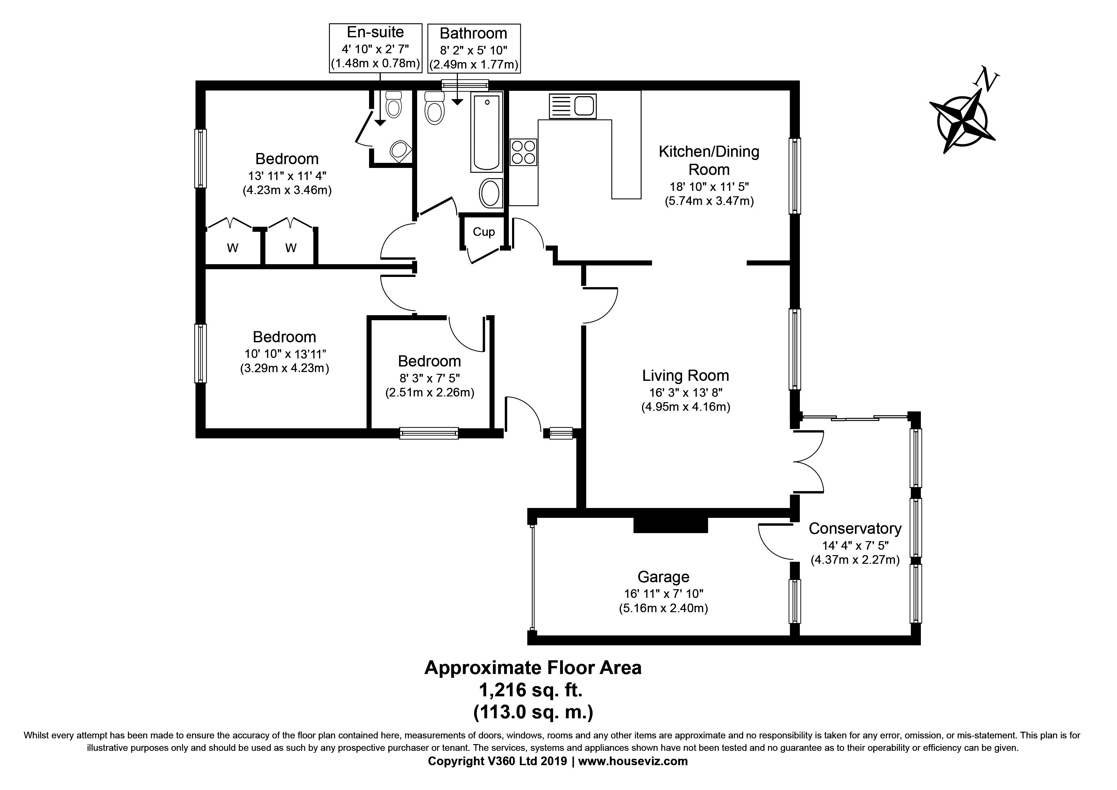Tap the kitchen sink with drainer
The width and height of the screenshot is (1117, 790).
[573, 106]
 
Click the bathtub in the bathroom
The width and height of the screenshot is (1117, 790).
[486, 132]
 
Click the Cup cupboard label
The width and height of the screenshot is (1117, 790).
[484, 232]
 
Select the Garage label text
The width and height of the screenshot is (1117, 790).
[663, 577]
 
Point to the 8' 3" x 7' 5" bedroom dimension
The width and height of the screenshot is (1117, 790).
[430, 378]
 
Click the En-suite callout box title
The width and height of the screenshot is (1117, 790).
[375, 32]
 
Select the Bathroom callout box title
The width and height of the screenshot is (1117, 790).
[473, 33]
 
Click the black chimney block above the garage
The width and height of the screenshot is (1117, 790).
[670, 525]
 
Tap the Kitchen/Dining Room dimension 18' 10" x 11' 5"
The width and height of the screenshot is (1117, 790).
[709, 186]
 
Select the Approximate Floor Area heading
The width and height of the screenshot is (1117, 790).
[533, 667]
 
